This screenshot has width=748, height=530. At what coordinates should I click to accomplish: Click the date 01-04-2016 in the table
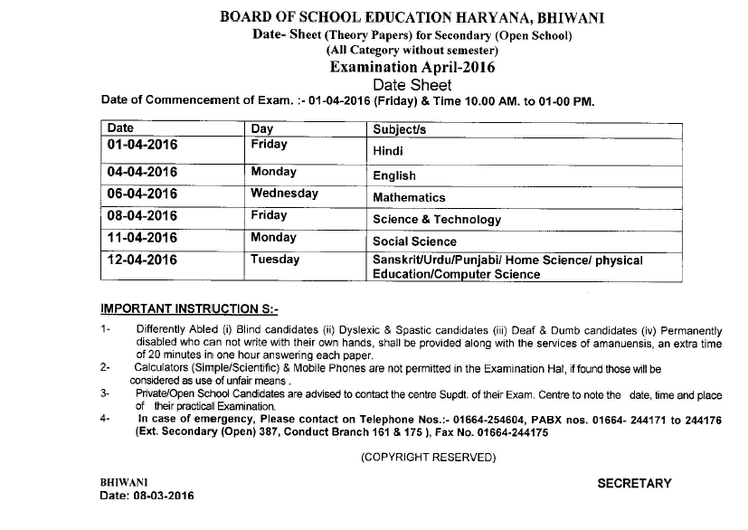[142, 145]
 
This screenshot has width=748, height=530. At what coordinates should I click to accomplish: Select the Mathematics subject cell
[409, 197]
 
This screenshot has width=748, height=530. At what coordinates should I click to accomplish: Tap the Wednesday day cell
[285, 194]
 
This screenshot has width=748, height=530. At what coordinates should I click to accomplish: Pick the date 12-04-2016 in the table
[142, 260]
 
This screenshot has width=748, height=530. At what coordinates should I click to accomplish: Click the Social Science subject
[414, 241]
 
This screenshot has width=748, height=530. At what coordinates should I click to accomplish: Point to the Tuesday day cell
[275, 260]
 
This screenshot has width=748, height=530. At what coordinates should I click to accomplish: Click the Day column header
[262, 129]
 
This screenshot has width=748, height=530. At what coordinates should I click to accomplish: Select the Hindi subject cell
[388, 153]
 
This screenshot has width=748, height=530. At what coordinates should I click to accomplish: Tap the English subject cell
[394, 175]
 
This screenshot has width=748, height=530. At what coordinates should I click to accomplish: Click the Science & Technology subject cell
[436, 220]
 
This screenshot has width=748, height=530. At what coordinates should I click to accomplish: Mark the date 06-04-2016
[142, 194]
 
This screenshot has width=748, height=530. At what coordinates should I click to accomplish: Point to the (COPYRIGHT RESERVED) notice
[428, 458]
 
